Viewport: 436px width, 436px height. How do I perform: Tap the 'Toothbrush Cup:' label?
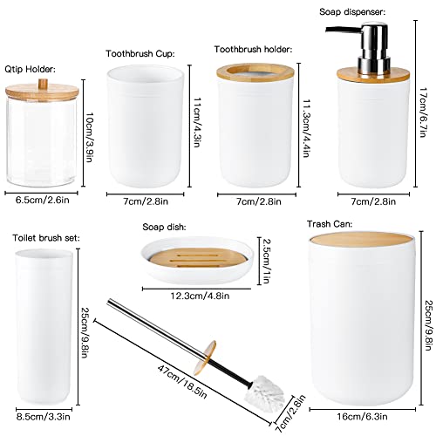(x=140, y=54)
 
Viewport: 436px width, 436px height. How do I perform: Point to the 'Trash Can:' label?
(x=330, y=224)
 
